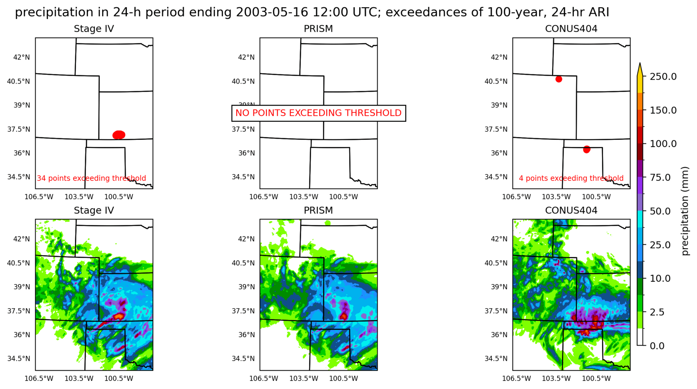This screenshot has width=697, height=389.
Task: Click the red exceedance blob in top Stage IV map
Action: [x=119, y=135]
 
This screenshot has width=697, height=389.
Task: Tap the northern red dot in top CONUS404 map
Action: [x=558, y=79]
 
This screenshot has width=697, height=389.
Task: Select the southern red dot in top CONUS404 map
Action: [x=587, y=149]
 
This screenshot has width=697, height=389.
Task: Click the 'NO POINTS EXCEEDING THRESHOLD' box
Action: [x=319, y=113]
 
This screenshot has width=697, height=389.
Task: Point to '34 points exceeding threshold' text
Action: [x=92, y=178]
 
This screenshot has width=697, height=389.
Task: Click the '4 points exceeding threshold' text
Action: [x=571, y=178]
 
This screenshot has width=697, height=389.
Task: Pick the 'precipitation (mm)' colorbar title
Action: [x=685, y=211]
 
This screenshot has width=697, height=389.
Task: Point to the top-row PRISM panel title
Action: [x=318, y=29]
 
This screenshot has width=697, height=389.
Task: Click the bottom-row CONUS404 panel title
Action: [x=571, y=211]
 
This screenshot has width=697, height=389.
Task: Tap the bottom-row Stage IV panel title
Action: [x=94, y=211]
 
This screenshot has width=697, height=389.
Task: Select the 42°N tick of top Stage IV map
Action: [x=22, y=57]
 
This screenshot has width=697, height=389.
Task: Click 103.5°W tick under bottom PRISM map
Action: [x=304, y=379]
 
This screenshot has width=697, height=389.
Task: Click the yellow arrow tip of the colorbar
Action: [x=640, y=66]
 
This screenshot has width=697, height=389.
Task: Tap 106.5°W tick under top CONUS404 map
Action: [x=516, y=197]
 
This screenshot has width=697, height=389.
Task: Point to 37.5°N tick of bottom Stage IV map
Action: [x=18, y=311]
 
